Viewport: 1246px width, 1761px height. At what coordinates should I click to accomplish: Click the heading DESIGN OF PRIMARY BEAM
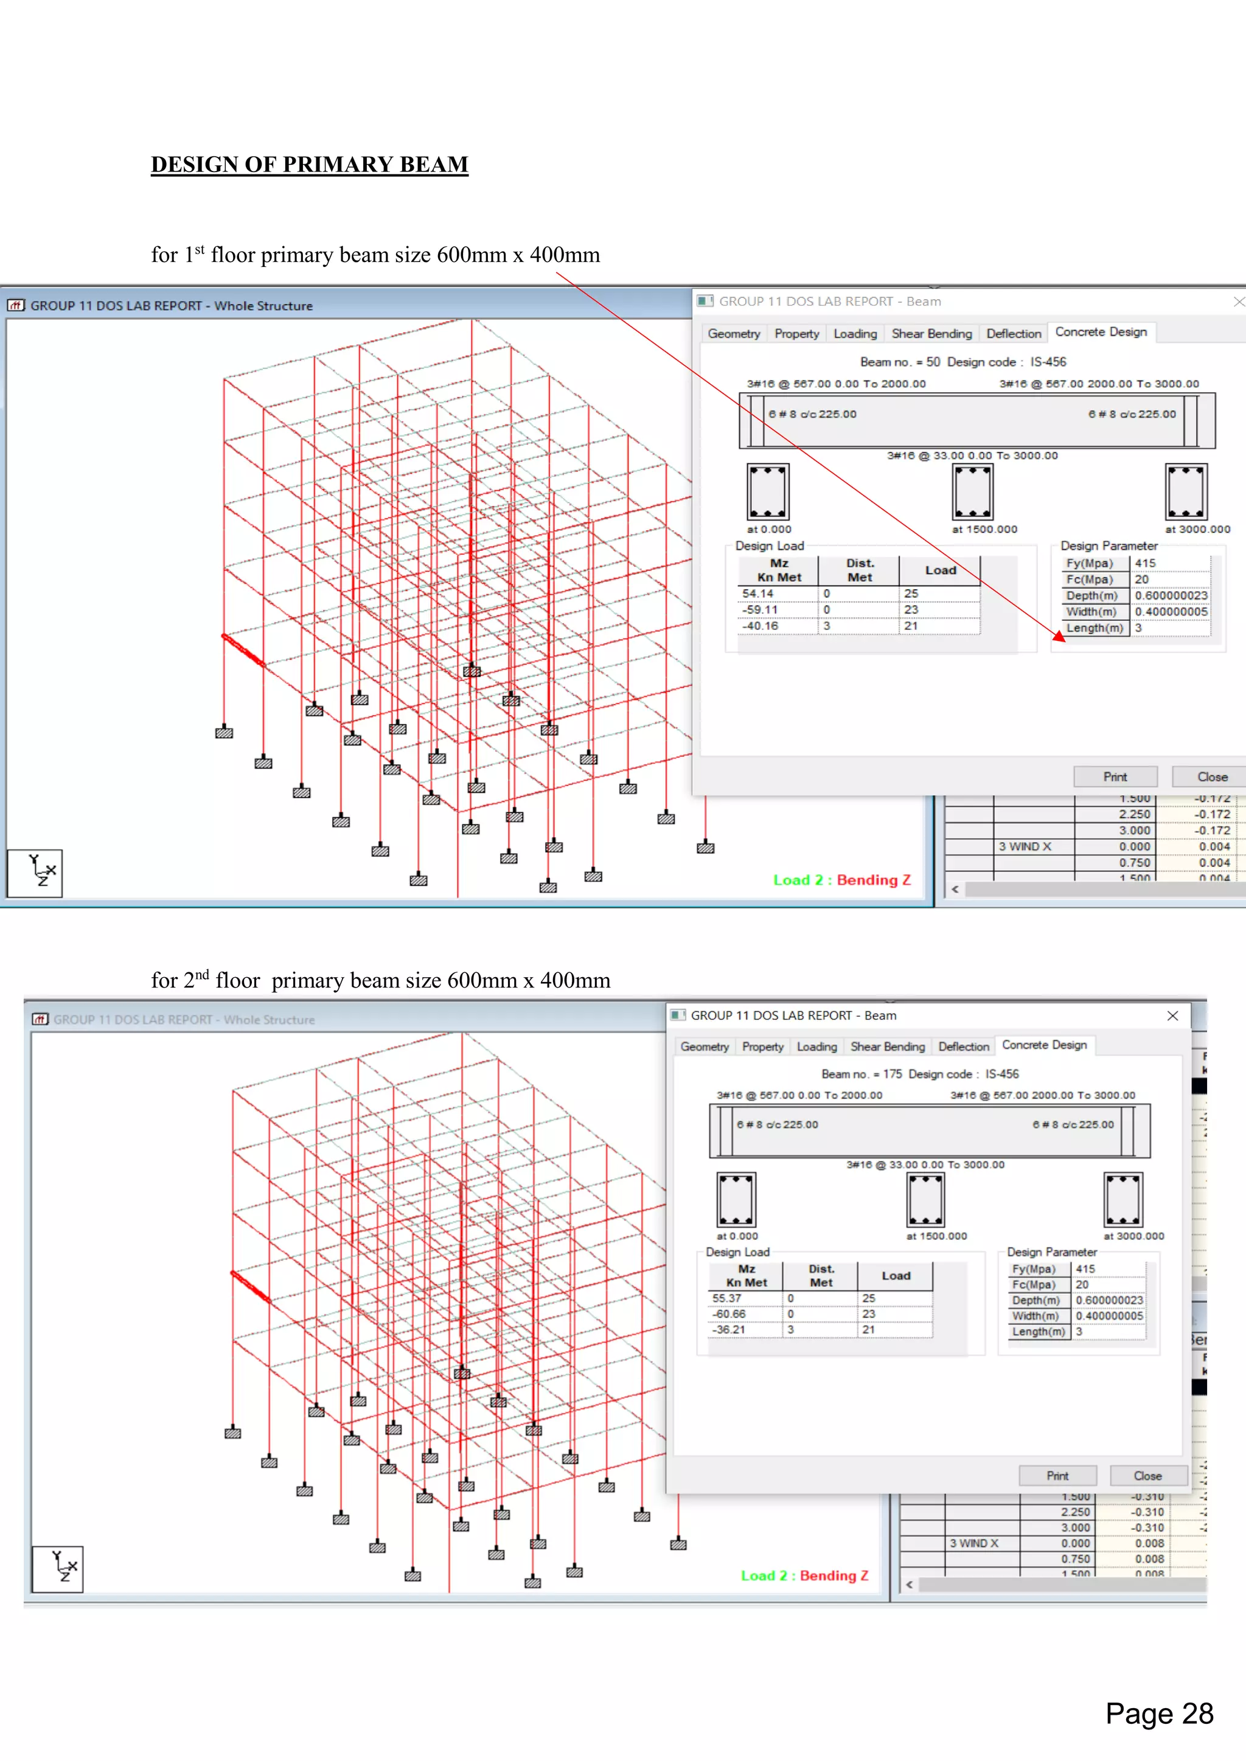click(x=309, y=164)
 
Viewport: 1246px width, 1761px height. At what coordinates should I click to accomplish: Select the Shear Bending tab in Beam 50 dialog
click(x=931, y=334)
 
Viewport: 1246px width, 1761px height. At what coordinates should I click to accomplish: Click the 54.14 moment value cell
click(x=758, y=593)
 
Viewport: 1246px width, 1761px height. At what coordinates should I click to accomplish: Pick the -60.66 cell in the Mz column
click(x=728, y=1314)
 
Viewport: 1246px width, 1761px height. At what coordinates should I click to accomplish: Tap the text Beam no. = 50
click(x=899, y=362)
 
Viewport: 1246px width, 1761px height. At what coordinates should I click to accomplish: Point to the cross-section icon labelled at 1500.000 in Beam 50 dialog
click(x=972, y=492)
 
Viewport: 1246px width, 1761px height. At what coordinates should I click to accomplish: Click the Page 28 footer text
click(x=1158, y=1714)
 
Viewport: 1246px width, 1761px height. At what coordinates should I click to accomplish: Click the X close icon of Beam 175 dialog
click(x=1172, y=1015)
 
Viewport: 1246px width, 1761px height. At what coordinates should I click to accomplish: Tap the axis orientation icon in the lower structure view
click(x=58, y=1569)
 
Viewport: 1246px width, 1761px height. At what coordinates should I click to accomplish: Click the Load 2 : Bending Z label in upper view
click(x=841, y=880)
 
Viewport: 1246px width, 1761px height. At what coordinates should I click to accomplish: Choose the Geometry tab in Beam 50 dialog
click(x=734, y=334)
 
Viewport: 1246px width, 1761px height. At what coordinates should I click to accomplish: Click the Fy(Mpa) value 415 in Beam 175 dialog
click(x=1085, y=1268)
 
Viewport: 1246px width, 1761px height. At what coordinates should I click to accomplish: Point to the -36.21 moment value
click(x=728, y=1329)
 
